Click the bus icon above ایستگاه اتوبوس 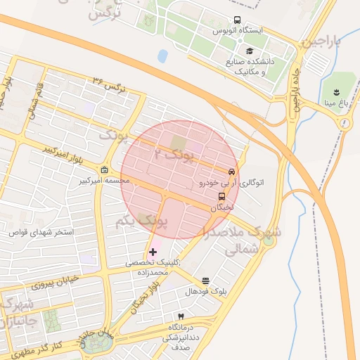[236, 20]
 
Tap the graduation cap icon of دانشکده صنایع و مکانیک [250, 51]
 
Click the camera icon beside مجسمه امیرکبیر [104, 170]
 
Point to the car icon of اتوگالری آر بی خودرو [231, 172]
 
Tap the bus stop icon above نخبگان [222, 197]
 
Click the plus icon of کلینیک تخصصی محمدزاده [153, 251]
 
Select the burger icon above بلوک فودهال [205, 281]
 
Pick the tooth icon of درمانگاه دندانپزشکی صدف [181, 317]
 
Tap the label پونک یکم [141, 221]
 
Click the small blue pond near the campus [163, 56]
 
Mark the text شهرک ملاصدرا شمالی [243, 239]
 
